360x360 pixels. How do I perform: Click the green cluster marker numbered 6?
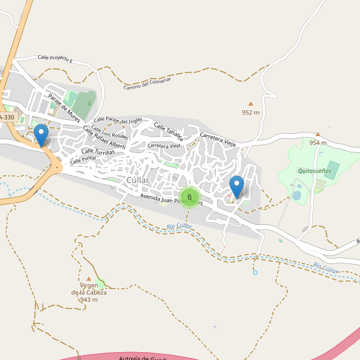point(190,197)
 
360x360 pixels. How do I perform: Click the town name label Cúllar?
point(137,180)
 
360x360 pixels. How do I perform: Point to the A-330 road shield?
point(7,117)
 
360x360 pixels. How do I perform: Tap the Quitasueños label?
point(314,170)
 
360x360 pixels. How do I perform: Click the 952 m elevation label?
point(251,112)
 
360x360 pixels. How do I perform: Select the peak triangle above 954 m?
point(318,134)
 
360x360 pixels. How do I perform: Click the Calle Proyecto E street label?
point(55,59)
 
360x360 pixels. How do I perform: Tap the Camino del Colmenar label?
point(148,84)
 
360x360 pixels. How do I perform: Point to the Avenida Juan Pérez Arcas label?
point(172,200)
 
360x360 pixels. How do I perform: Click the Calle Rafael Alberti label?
point(104,137)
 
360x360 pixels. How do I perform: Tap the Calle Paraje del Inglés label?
point(118,121)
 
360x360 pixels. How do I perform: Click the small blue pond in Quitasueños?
point(296,196)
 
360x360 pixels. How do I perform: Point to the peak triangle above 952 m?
point(251,103)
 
